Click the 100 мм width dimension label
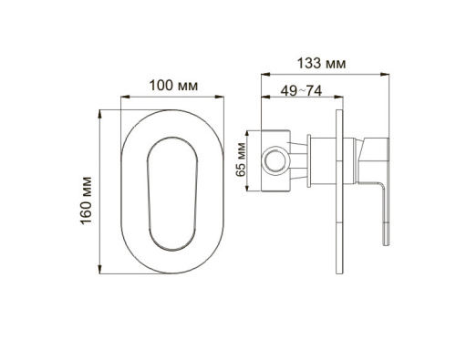tap(173, 85)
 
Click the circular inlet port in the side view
tap(272, 162)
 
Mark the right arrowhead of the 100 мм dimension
tap(223, 96)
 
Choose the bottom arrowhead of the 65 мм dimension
tap(252, 191)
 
